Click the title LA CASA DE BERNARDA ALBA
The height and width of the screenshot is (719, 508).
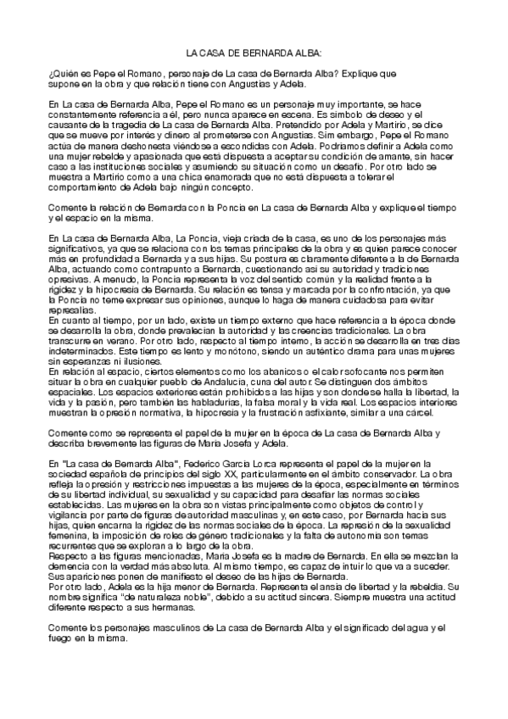(254, 52)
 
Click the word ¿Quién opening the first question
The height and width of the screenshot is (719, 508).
(62, 74)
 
